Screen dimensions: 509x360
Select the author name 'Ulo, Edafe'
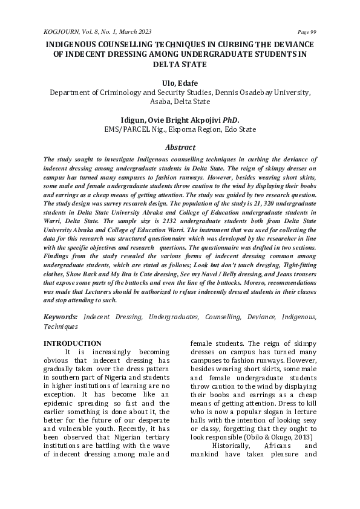(x=180, y=83)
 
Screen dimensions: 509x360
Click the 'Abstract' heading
(x=180, y=147)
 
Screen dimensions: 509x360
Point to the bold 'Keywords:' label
(x=61, y=317)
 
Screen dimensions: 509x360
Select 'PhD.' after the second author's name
(x=231, y=120)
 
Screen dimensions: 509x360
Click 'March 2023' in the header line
(x=133, y=31)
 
